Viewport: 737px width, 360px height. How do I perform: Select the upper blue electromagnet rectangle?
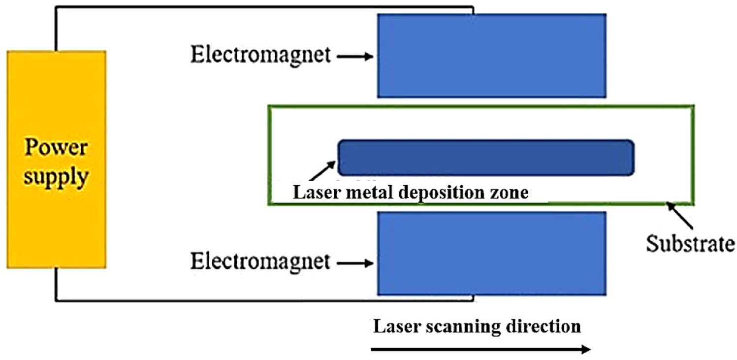pos(491,55)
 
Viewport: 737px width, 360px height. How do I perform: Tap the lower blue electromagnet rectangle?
pos(491,253)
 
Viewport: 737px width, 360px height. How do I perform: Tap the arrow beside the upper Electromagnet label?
pos(354,56)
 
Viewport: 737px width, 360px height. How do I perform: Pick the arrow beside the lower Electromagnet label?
pos(354,263)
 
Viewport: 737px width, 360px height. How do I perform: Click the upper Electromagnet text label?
pos(260,55)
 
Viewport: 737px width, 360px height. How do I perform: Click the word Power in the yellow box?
pos(56,147)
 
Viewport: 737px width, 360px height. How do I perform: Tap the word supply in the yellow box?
pos(56,175)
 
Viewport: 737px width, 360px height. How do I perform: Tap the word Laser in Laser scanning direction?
pos(394,327)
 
